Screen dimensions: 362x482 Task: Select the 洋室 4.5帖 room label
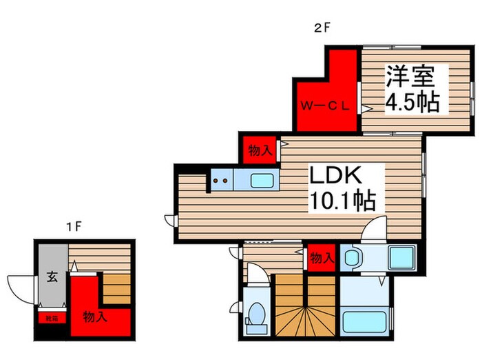[412, 88]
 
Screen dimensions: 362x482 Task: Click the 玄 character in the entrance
[52, 278]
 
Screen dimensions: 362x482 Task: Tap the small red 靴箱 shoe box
[52, 319]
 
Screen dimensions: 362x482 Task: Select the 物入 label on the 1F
[95, 317]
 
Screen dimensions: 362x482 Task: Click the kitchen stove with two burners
[222, 181]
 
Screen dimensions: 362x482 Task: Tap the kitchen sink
[263, 181]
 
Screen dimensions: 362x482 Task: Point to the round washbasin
[353, 259]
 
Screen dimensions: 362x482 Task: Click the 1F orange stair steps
[116, 287]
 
